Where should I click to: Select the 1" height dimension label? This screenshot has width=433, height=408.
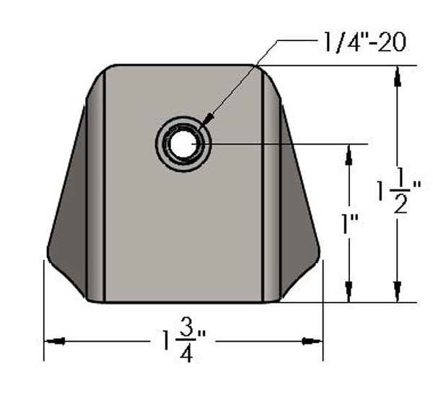point(351,225)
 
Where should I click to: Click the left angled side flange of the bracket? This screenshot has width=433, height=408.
point(72,217)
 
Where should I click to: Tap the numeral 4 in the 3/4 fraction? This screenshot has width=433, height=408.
point(186,354)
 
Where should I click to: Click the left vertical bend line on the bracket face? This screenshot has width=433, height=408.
point(105,188)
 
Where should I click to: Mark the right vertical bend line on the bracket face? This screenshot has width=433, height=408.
point(261,188)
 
